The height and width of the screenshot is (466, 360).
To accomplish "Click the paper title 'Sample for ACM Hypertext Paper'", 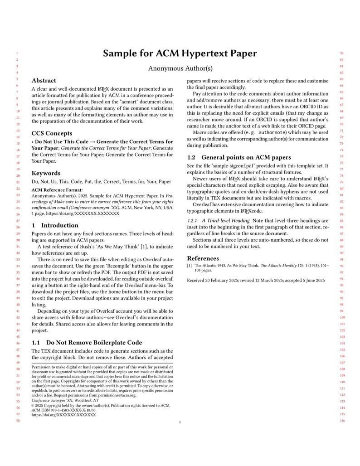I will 180,53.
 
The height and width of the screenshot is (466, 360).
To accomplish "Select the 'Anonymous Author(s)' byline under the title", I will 180,69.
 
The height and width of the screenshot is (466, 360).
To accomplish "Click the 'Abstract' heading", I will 44,81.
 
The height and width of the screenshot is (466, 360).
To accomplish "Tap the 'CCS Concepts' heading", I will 52,133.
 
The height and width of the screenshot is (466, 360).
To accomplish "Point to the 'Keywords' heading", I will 46,173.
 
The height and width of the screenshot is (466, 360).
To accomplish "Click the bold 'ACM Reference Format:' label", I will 57,190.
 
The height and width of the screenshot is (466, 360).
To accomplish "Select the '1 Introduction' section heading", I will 55,225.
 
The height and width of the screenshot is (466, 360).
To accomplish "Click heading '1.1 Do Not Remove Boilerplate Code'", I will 87,343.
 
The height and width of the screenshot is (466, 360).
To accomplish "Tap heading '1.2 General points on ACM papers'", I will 239,157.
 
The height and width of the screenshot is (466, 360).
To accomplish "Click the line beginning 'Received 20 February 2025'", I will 256,281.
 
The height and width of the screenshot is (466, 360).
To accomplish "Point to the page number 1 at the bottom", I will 180,422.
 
